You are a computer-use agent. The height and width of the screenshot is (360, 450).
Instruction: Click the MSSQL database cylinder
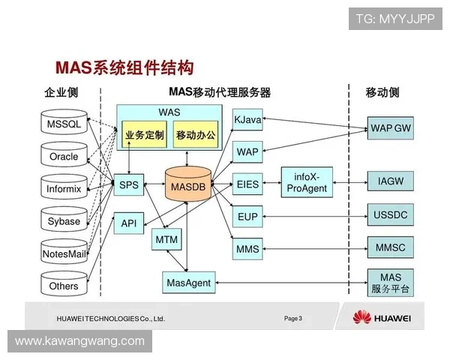[63, 124]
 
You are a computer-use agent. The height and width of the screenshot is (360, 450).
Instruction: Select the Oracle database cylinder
[63, 156]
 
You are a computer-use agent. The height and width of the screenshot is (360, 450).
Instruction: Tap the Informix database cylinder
[63, 188]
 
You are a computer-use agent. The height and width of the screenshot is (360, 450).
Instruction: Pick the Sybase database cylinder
[63, 220]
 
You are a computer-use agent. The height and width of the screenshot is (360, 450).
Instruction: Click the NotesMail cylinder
[63, 253]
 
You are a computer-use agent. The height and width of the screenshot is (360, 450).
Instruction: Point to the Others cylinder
[63, 285]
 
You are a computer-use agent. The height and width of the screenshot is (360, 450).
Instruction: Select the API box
[128, 223]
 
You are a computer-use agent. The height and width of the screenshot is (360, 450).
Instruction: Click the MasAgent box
[187, 283]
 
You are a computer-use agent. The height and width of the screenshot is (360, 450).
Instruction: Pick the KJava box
[247, 120]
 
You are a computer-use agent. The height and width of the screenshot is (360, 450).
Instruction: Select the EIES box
[247, 184]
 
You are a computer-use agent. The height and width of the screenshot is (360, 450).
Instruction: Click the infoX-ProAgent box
[307, 183]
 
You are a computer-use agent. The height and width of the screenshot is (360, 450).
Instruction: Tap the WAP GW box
[391, 127]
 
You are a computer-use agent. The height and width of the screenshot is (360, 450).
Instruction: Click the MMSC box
[391, 247]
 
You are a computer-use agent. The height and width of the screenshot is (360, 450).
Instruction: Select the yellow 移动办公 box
[195, 136]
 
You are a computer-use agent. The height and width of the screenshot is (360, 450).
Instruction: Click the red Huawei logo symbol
[362, 317]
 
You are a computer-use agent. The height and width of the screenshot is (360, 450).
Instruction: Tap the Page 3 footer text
[293, 319]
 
